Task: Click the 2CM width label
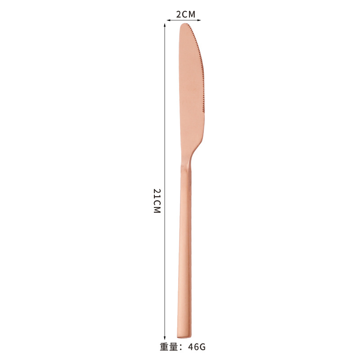coord(185,14)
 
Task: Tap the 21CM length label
coord(157,201)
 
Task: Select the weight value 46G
coord(197,347)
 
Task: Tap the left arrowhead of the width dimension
coord(168,20)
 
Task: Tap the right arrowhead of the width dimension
coord(199,20)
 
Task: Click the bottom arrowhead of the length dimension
coord(165,337)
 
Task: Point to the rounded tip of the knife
coord(184,26)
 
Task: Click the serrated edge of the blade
coord(201,72)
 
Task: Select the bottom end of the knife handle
coord(184,335)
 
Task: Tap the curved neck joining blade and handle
coord(191,156)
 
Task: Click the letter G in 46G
coord(202,347)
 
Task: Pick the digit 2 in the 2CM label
coord(179,14)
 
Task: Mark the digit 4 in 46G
coord(191,347)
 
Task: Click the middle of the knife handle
coord(184,247)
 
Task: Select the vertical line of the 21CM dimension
coord(165,135)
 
